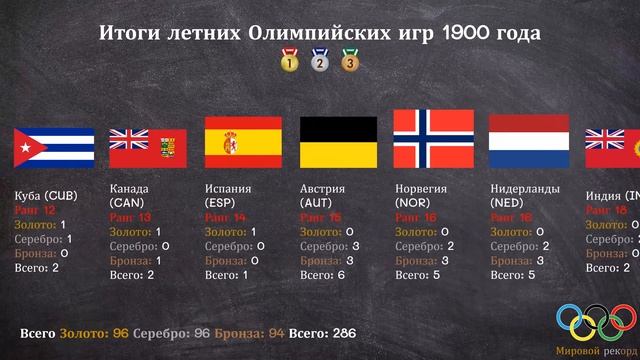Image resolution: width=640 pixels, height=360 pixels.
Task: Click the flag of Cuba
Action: pyautogui.click(x=54, y=148)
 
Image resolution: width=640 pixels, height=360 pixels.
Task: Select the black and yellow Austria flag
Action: pyautogui.click(x=339, y=141)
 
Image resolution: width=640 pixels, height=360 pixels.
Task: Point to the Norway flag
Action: pyautogui.click(x=432, y=138)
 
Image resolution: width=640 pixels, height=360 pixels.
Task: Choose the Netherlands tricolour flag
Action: pyautogui.click(x=528, y=141)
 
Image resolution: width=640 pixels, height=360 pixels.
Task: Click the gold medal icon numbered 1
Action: pyautogui.click(x=290, y=61)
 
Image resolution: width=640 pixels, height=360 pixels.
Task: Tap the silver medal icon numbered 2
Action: pyautogui.click(x=320, y=61)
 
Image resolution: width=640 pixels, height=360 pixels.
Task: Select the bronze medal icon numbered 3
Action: pyautogui.click(x=350, y=61)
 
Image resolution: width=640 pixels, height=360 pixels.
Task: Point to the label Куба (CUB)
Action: pyautogui.click(x=46, y=195)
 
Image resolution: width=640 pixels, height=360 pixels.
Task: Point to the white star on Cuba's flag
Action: pyautogui.click(x=24, y=149)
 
